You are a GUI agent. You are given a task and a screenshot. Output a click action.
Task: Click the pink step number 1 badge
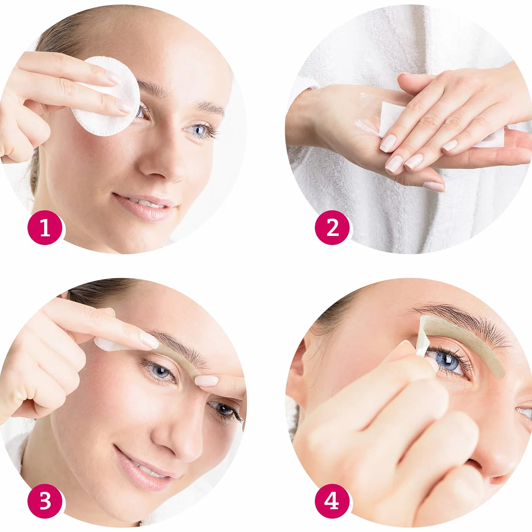point(45,228)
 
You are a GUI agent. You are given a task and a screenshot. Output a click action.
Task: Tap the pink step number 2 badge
point(332,228)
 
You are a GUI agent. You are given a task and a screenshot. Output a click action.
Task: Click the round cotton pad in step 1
point(106,97)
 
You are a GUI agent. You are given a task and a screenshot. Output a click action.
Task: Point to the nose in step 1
point(161,163)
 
